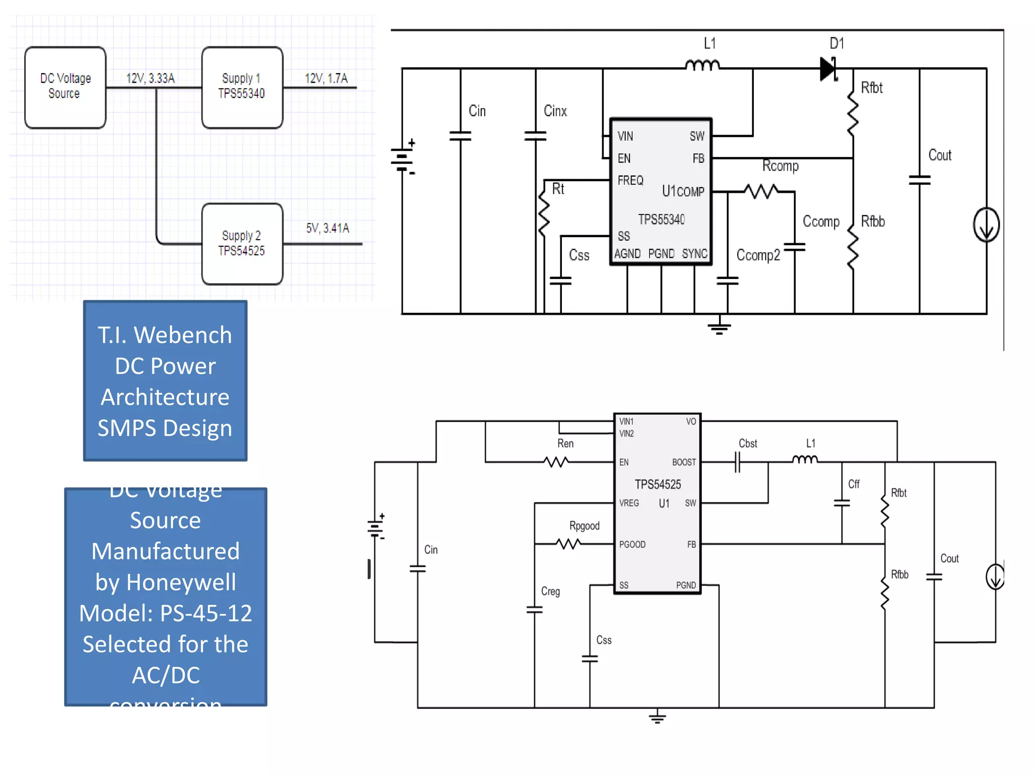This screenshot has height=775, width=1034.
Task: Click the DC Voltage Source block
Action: click(x=65, y=87)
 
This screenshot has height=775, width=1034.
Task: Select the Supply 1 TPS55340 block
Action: click(x=242, y=87)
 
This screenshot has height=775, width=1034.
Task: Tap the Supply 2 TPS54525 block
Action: click(x=242, y=244)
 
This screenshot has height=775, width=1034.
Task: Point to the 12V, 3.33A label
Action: click(x=150, y=78)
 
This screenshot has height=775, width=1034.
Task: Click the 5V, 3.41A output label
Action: click(x=327, y=228)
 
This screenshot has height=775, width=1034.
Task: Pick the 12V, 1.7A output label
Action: click(x=326, y=78)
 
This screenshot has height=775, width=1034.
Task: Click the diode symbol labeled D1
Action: click(x=828, y=68)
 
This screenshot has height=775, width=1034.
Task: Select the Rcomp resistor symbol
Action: click(x=761, y=191)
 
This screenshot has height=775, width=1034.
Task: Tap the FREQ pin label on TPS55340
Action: click(x=630, y=180)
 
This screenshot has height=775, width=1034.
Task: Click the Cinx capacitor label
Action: click(x=555, y=111)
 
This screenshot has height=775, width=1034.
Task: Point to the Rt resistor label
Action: click(x=558, y=189)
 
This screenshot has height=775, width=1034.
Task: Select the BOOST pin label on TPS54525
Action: click(x=684, y=462)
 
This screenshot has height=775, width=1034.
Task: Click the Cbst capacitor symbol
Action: click(x=738, y=462)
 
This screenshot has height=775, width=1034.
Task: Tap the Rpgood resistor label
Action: click(x=584, y=526)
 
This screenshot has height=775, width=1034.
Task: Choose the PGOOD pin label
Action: click(x=632, y=544)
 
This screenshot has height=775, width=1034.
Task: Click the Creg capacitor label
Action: click(x=550, y=591)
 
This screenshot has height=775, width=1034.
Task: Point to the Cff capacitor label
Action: click(x=853, y=484)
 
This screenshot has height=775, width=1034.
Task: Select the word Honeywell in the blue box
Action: click(x=181, y=582)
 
